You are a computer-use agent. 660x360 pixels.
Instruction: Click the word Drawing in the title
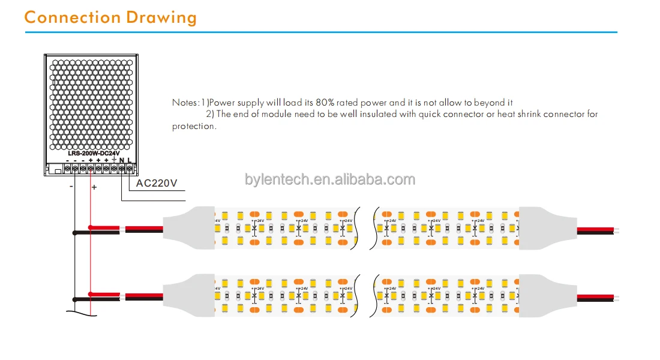161,17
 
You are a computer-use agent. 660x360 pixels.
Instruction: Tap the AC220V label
157,183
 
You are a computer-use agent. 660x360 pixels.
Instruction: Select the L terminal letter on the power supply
129,160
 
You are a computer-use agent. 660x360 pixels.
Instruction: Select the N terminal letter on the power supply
122,160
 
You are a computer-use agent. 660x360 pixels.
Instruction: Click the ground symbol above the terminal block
114,160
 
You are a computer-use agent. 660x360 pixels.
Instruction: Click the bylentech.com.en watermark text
330,179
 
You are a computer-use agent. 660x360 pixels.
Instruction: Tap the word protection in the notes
193,126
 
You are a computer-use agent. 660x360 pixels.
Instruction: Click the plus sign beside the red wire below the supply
94,187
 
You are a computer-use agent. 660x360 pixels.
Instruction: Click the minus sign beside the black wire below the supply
71,187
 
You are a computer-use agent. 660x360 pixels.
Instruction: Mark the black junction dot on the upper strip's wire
74,232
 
